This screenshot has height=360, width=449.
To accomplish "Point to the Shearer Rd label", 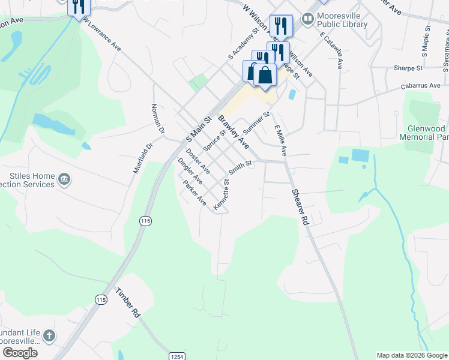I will [x=300, y=207].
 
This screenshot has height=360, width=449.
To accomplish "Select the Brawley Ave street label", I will [x=234, y=132].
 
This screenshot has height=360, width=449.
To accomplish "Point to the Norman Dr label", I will [x=159, y=118].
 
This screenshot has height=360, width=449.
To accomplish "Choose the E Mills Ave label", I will [x=280, y=140].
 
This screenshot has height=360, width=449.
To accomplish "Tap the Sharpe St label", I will [x=408, y=68].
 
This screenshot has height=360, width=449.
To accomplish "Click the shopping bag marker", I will [x=264, y=76].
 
